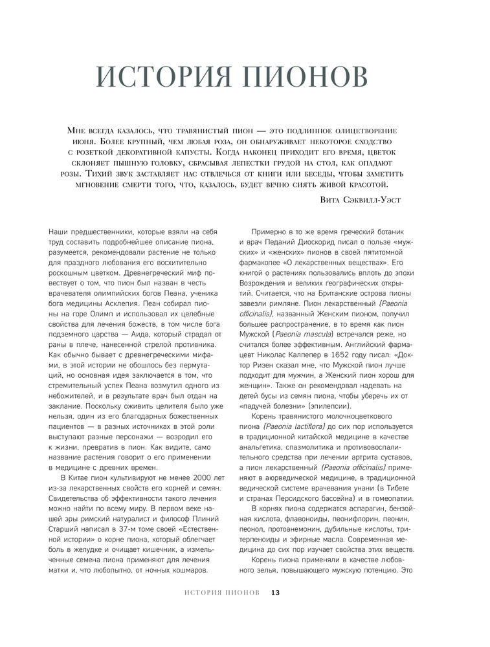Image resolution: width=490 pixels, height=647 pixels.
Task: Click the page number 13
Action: click(x=275, y=592)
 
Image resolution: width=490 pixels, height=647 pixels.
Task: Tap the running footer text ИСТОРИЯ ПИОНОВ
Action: click(x=222, y=592)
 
